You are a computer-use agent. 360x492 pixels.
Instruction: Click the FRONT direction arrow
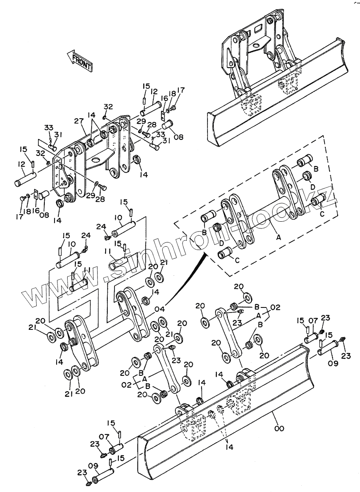tap(80, 60)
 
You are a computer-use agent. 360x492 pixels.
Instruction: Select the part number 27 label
tap(79, 122)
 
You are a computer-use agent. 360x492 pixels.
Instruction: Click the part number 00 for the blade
tap(279, 428)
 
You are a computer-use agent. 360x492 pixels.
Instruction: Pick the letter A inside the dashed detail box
tap(278, 238)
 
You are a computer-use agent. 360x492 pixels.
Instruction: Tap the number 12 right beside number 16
tap(154, 92)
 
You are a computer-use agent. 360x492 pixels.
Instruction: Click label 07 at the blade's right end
tap(313, 321)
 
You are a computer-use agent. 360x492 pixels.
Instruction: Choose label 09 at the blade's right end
tap(333, 363)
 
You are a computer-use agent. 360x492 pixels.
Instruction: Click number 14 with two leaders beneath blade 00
tap(229, 447)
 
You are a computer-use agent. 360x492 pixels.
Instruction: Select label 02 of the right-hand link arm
tap(275, 307)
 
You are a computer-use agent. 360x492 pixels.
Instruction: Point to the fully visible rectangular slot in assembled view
tap(259, 29)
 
